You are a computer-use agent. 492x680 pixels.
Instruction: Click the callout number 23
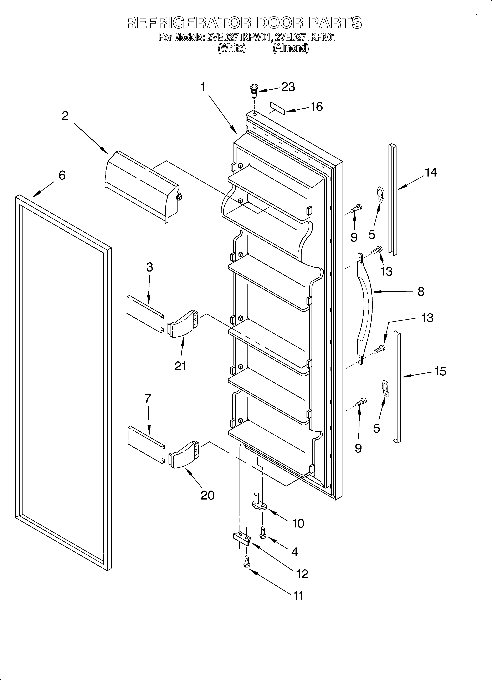[x=288, y=87]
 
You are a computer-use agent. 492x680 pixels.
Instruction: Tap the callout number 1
[x=203, y=87]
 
